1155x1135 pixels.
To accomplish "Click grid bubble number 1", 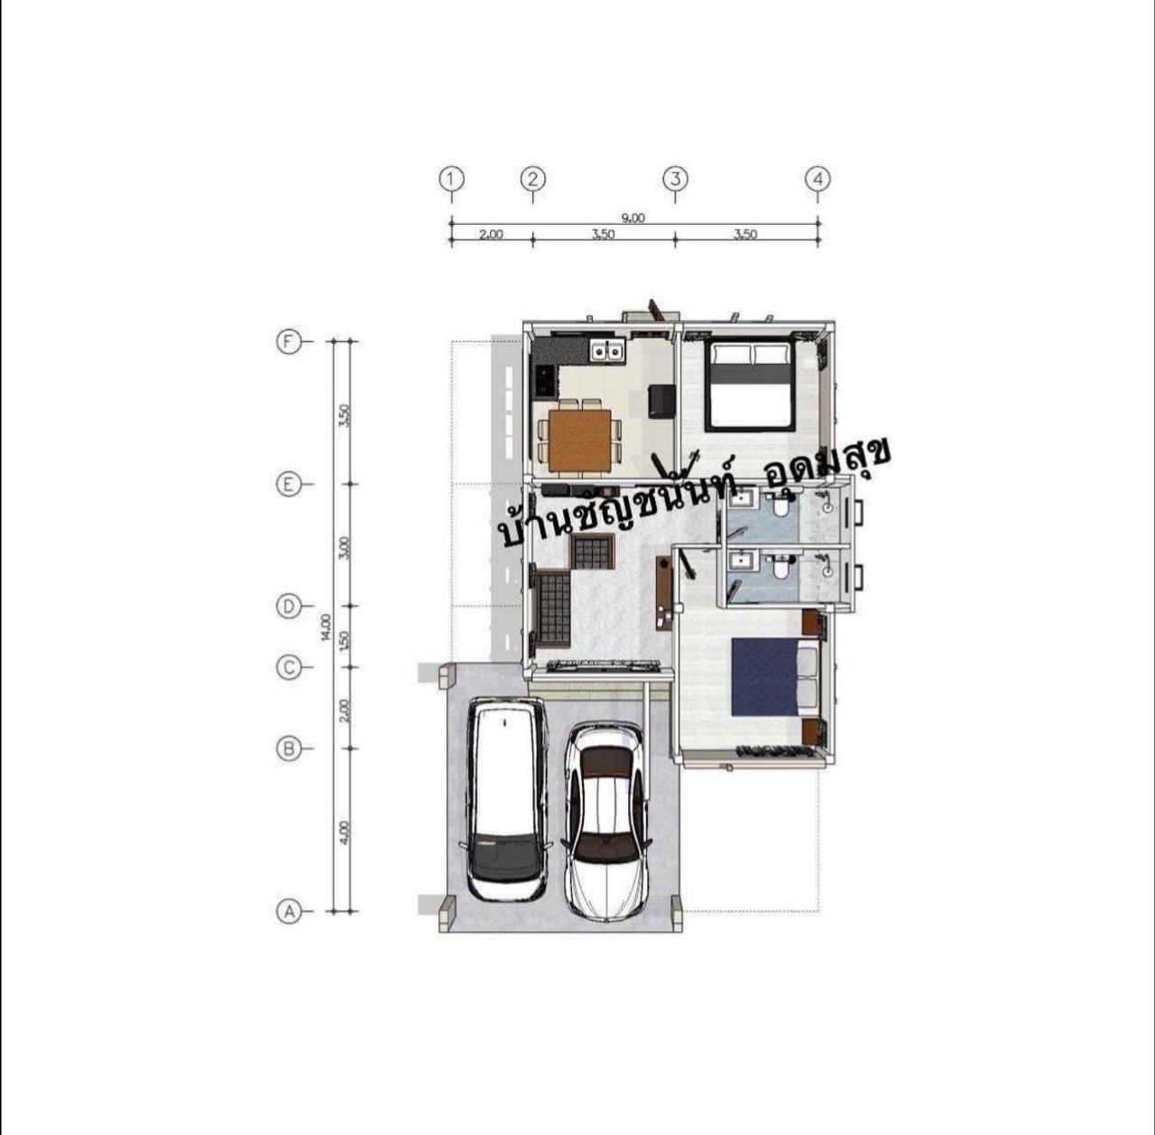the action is pos(451,179).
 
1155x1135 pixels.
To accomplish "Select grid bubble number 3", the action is pos(675,179).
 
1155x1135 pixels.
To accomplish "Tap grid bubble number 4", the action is pos(818,179).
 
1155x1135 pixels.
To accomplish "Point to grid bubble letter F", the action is pos(289,342).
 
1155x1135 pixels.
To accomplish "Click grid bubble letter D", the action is pos(289,607).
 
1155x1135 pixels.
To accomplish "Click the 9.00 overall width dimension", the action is pos(633,219).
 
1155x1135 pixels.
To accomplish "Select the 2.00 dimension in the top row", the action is pos(491,235).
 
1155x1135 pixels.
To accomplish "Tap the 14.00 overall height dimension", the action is pos(326,627).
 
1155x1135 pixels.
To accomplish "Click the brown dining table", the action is pos(579,440).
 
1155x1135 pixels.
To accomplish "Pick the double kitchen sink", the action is pos(608,350).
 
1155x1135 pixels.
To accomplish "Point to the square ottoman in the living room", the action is pos(593,552).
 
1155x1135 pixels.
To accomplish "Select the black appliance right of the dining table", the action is pos(661,399).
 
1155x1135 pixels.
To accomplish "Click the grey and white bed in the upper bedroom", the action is pos(749,386).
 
